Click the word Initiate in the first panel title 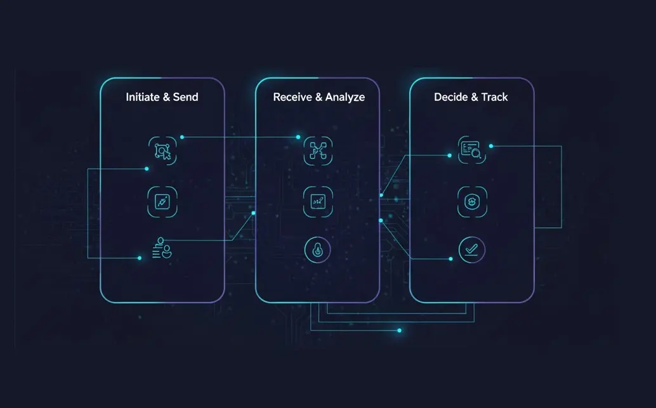(143, 97)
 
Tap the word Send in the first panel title (185, 97)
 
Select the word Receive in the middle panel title (292, 97)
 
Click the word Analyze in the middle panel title (344, 98)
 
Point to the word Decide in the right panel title (450, 97)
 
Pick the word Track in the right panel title (494, 97)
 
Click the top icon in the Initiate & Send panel (162, 150)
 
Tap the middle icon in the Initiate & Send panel (162, 202)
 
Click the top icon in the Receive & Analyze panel (318, 150)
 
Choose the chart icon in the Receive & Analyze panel (318, 202)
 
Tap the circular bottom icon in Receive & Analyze (318, 250)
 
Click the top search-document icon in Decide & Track (472, 150)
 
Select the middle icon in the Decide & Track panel (472, 202)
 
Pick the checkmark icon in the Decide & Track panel (472, 250)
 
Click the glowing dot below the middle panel (400, 331)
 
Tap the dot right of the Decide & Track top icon (491, 146)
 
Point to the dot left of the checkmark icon (450, 259)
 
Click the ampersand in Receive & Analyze (318, 97)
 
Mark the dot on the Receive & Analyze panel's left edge (253, 213)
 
